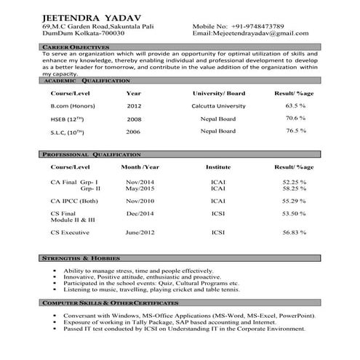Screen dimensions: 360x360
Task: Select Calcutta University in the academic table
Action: pyautogui.click(x=218, y=105)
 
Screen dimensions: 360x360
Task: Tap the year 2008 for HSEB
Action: pyautogui.click(x=134, y=119)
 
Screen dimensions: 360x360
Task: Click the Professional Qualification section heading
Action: pyautogui.click(x=90, y=155)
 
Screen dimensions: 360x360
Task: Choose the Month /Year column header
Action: pyautogui.click(x=139, y=167)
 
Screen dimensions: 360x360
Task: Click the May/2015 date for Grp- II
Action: pyautogui.click(x=139, y=188)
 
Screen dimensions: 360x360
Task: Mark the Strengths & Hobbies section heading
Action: pyautogui.click(x=80, y=258)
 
